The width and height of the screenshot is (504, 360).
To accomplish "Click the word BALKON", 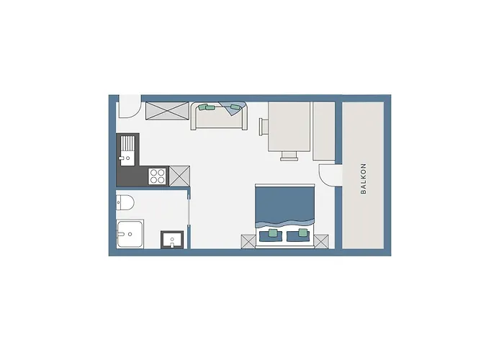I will pos(364,178).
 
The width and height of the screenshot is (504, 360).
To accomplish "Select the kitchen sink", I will pos(127,150).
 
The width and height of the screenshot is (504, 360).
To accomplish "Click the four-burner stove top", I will pos(158,174).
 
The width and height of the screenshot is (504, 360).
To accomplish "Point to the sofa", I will pos(219,117).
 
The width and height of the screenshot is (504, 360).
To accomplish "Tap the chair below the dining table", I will pos(289,155).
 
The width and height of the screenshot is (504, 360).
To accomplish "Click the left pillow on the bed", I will pos(272,234).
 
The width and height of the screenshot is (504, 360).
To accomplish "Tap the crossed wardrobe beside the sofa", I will pos(166,114).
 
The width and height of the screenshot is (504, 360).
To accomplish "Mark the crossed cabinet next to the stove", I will pos(179,174).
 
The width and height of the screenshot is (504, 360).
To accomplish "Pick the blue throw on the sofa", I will pos(233,109).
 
